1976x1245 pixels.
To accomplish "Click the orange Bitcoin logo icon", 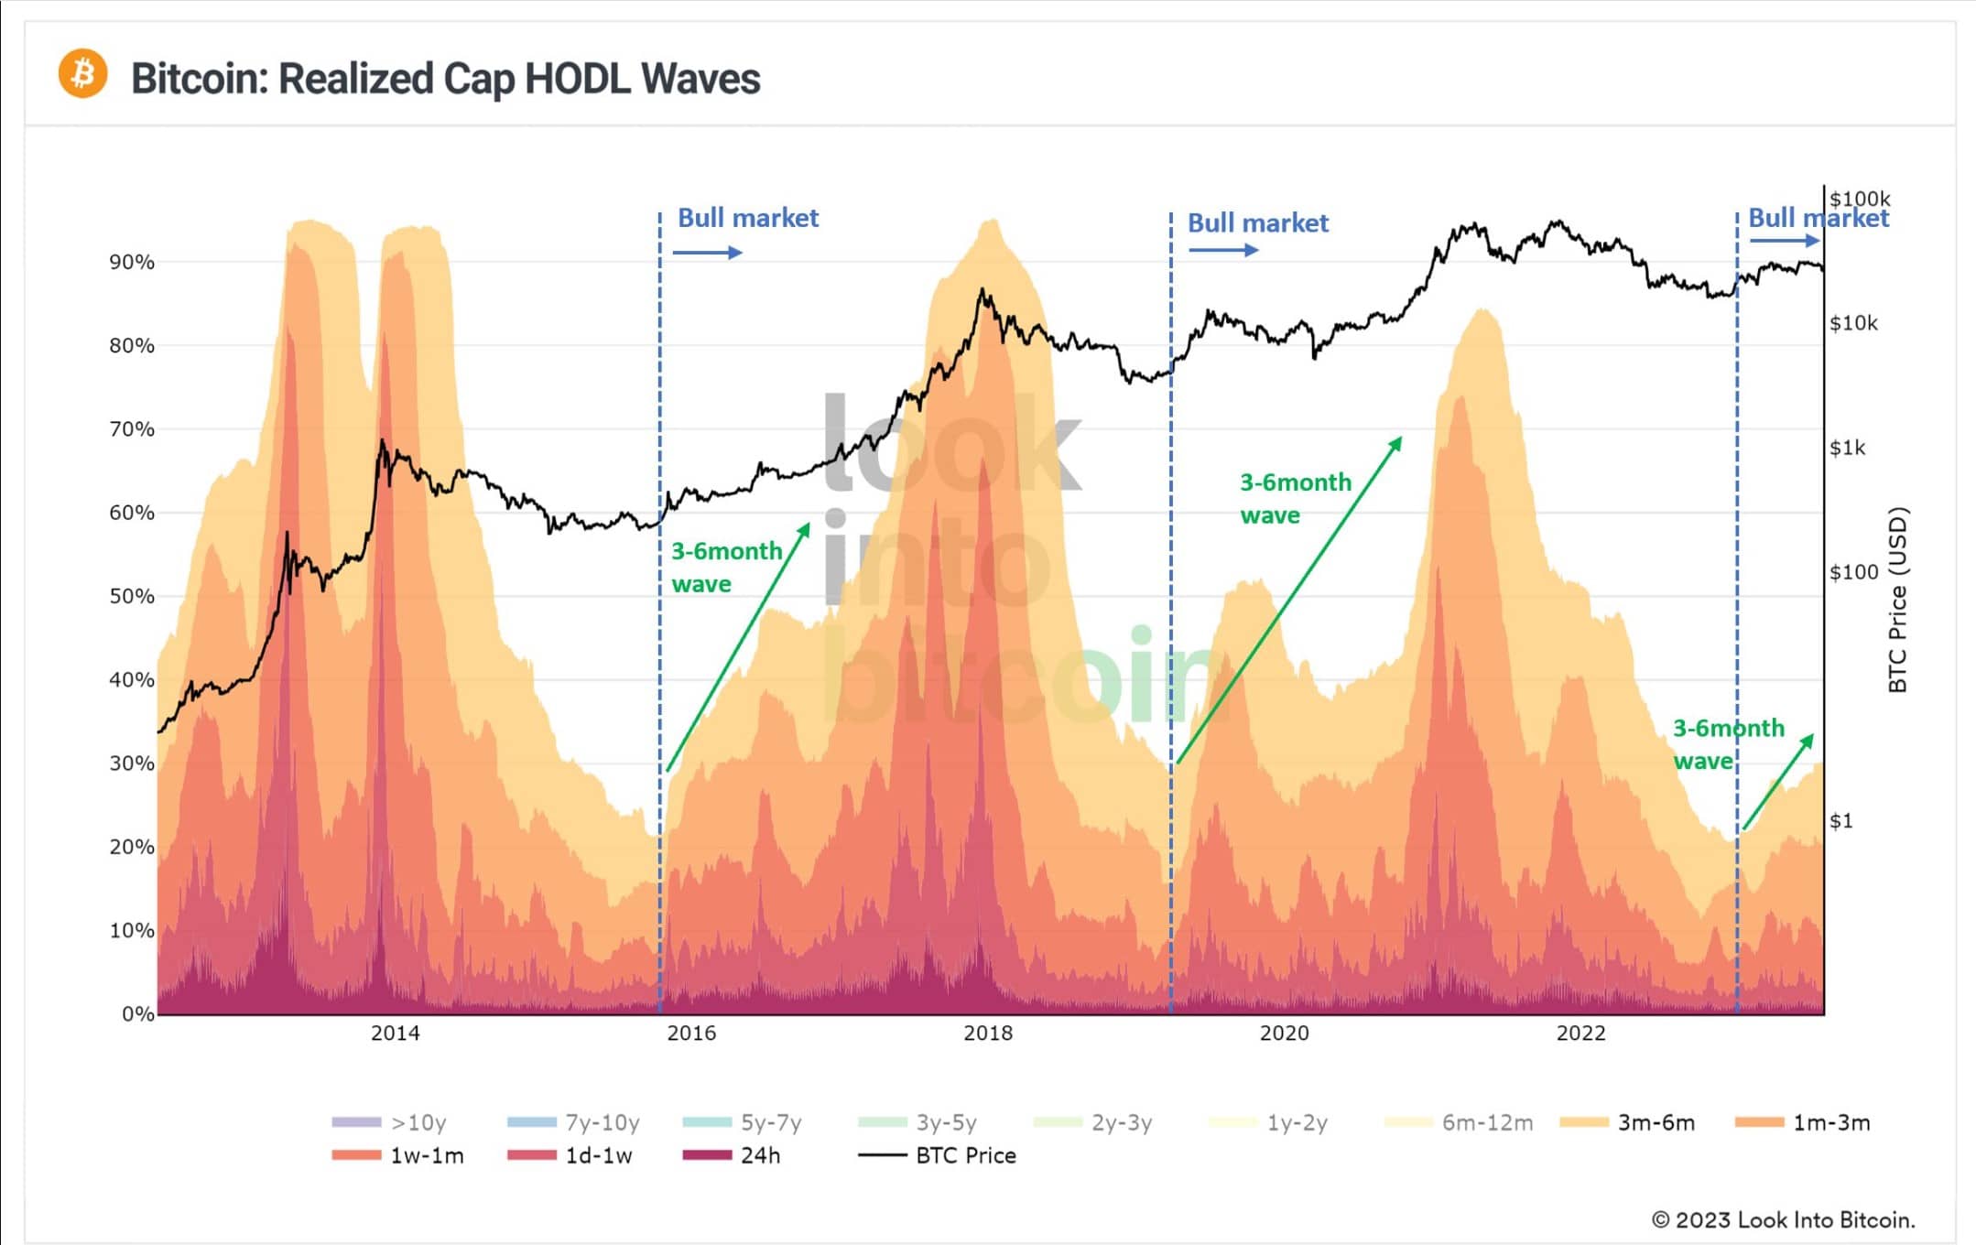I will pyautogui.click(x=82, y=73).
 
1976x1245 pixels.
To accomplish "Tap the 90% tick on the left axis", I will pyautogui.click(x=132, y=263).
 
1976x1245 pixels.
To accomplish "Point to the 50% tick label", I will pyautogui.click(x=132, y=597).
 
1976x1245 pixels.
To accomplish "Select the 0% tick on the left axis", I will pyautogui.click(x=137, y=1014).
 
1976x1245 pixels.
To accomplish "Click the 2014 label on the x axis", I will pyautogui.click(x=395, y=1034).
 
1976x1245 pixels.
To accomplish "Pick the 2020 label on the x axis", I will pyautogui.click(x=1284, y=1034).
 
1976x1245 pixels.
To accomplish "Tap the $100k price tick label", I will pyautogui.click(x=1859, y=200).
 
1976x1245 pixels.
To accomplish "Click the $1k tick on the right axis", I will pyautogui.click(x=1847, y=448).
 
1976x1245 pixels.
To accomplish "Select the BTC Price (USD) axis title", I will pyautogui.click(x=1897, y=600).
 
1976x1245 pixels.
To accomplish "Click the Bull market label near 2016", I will pyautogui.click(x=748, y=218).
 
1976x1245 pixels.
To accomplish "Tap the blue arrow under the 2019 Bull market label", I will pyautogui.click(x=1222, y=250).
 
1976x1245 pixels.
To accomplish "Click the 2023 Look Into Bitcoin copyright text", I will pyautogui.click(x=1783, y=1220).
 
